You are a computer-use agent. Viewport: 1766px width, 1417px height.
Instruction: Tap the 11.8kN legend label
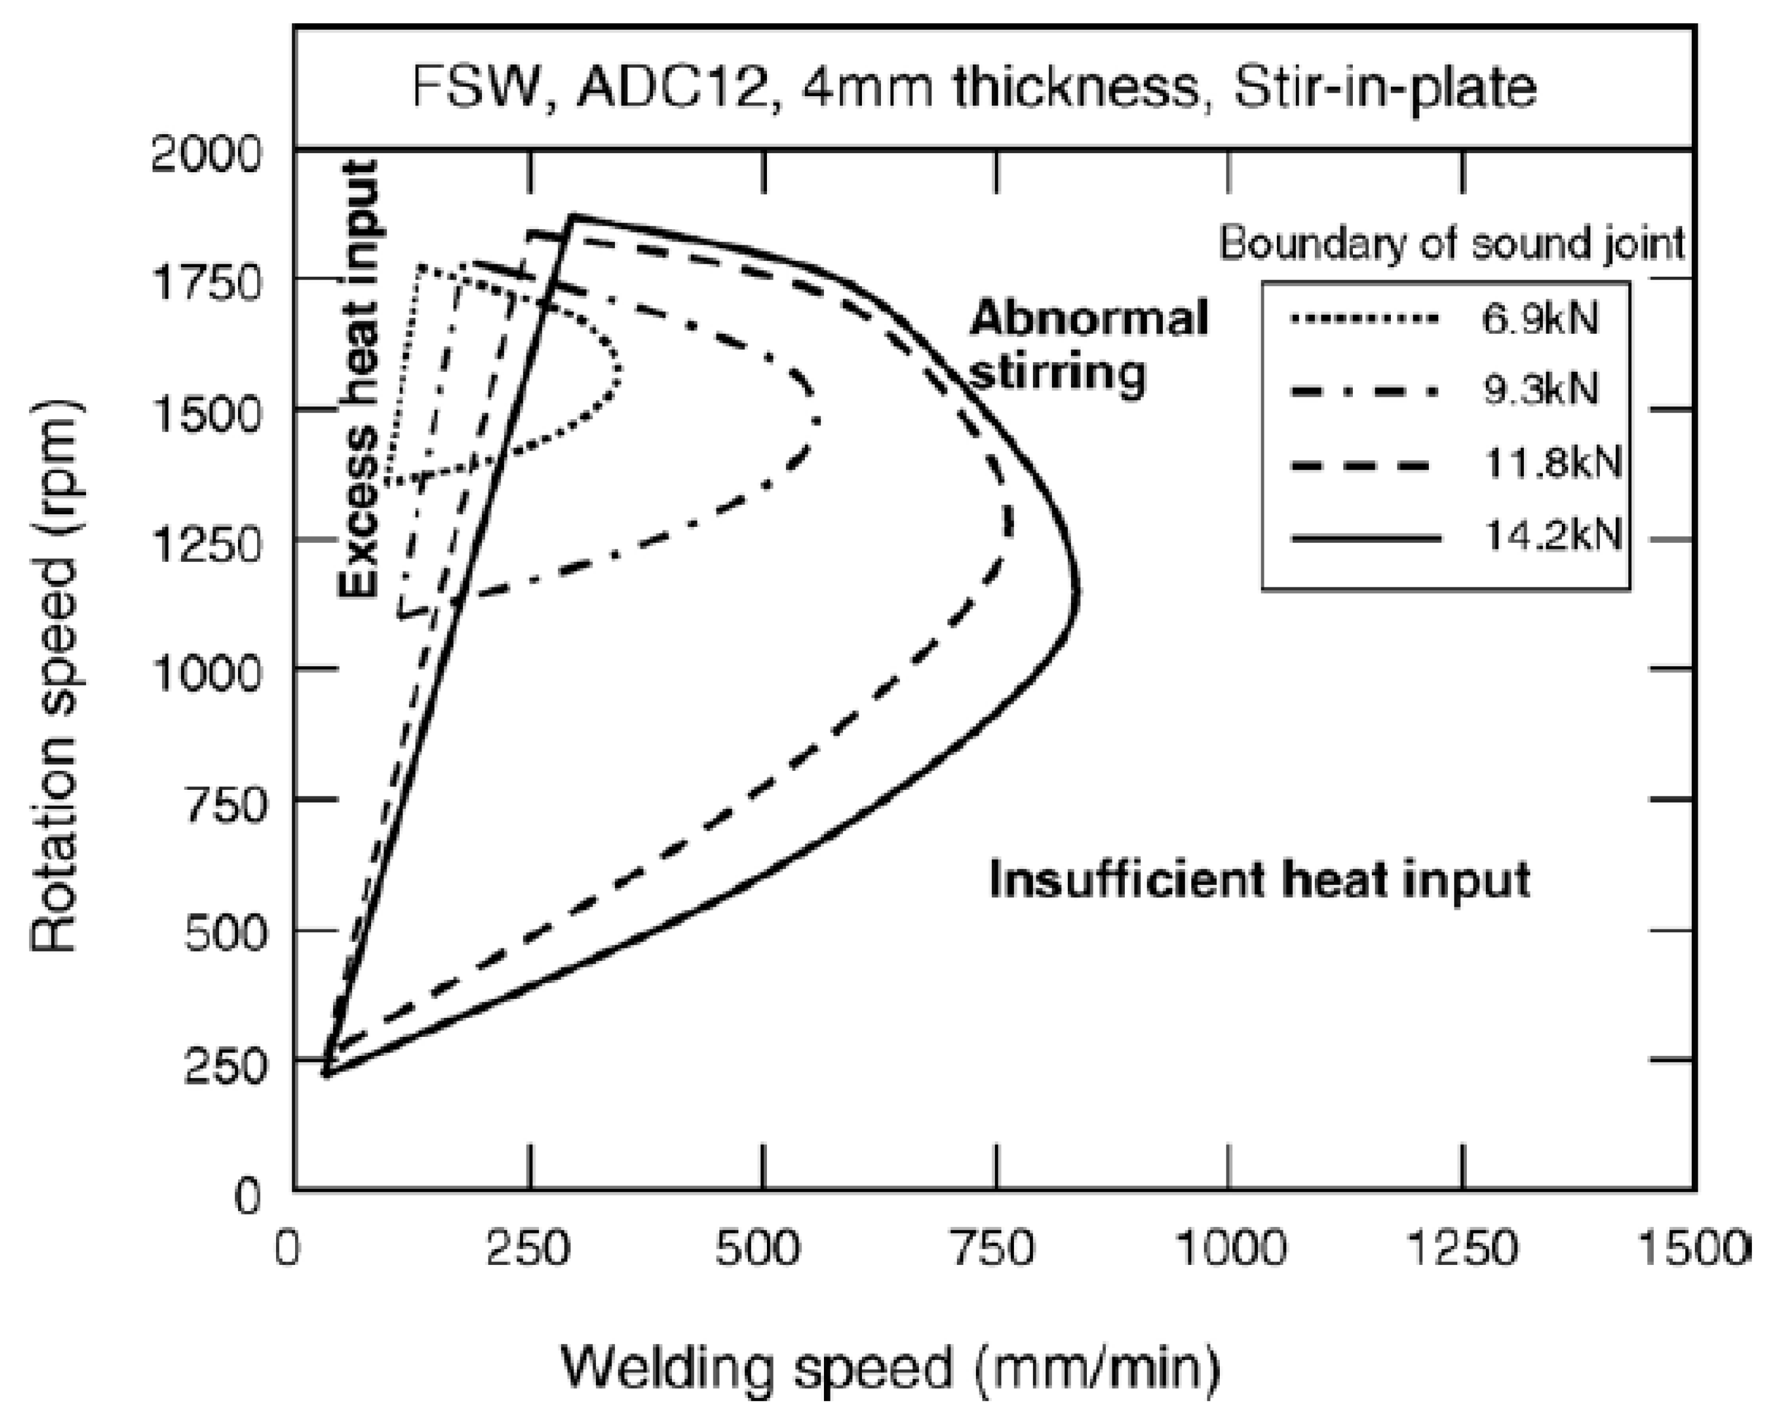point(1551,463)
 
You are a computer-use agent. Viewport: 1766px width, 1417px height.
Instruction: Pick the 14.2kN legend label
point(1551,537)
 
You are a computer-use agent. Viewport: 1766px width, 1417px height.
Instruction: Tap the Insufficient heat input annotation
point(1260,880)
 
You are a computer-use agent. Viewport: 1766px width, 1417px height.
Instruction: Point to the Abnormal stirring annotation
point(1089,344)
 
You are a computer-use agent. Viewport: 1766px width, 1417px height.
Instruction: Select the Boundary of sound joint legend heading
point(1451,243)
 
